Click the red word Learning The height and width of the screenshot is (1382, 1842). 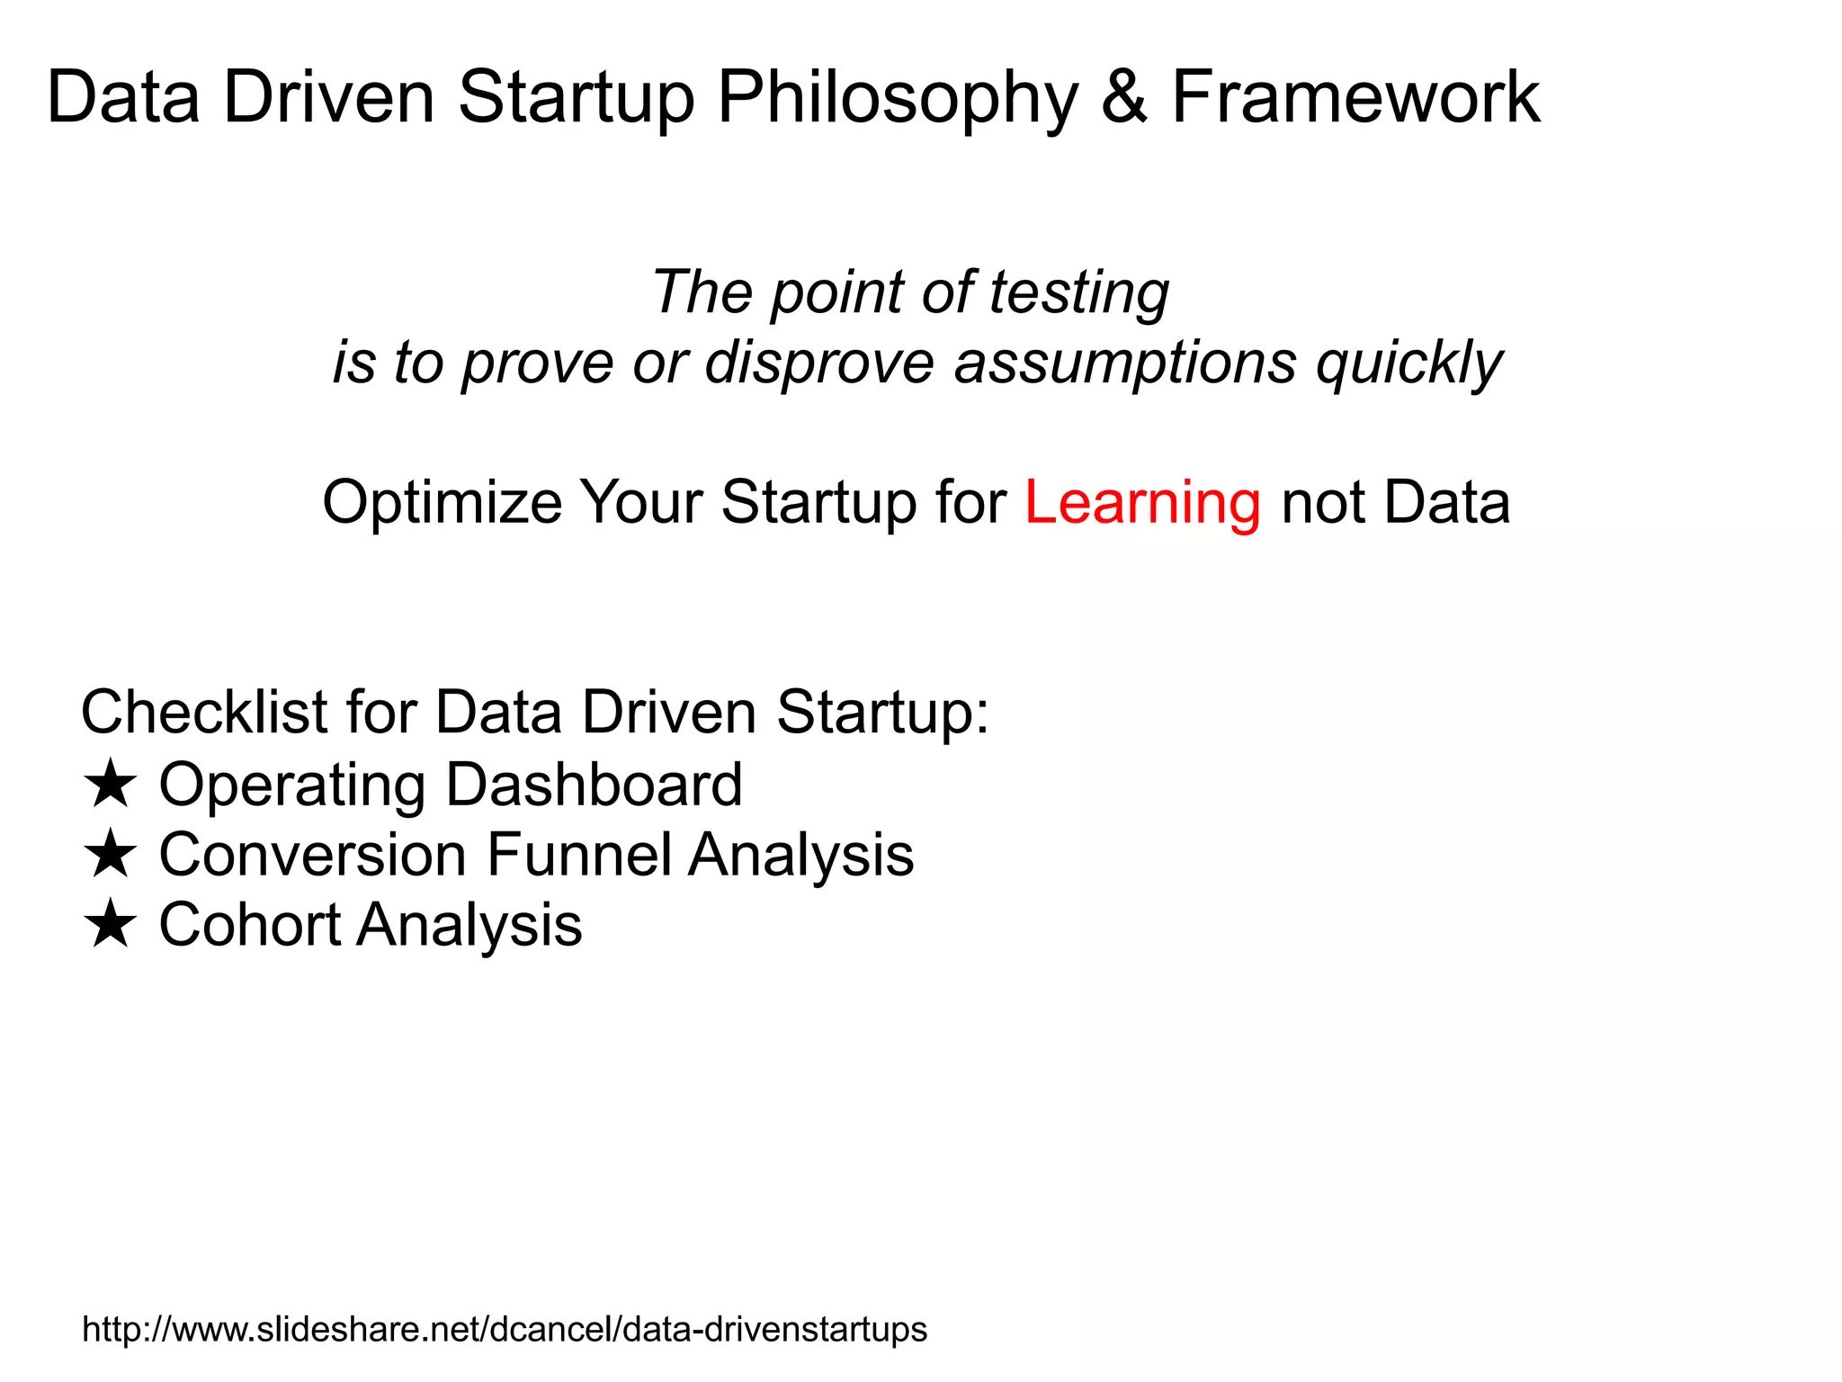click(1142, 503)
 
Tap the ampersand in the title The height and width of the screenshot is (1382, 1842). click(1124, 97)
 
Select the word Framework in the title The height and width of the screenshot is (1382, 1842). click(1355, 97)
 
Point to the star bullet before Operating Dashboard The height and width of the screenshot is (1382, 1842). click(110, 784)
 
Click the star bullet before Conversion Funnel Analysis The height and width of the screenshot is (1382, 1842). click(110, 854)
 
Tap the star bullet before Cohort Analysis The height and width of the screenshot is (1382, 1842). click(110, 924)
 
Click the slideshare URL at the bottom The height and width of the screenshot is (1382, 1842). click(504, 1329)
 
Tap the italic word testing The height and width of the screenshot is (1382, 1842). click(1078, 294)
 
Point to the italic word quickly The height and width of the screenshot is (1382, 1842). click(1408, 364)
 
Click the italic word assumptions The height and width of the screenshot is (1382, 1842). click(1125, 364)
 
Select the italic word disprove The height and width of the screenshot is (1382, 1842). click(819, 364)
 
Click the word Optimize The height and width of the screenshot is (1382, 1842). click(442, 503)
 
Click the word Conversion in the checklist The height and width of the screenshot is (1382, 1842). click(312, 854)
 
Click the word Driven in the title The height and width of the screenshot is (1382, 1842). click(328, 97)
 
